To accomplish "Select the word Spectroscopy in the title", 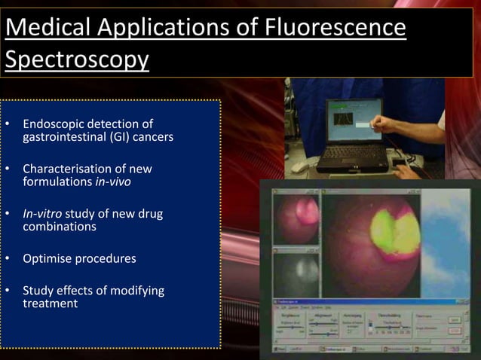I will pyautogui.click(x=77, y=59).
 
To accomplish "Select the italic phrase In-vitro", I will pyautogui.click(x=42, y=213).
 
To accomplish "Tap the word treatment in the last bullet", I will pyautogui.click(x=50, y=304).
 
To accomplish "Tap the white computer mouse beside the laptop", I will pyautogui.click(x=300, y=165).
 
